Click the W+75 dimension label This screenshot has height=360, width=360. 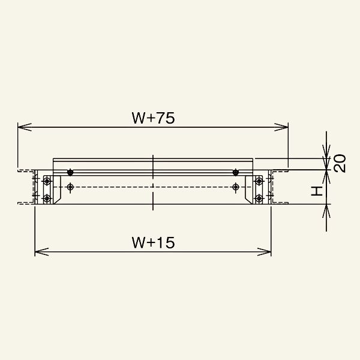[x=153, y=118]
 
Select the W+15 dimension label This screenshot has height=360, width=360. [x=153, y=242]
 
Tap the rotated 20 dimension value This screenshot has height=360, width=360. [x=340, y=163]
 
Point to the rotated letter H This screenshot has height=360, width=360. [x=317, y=191]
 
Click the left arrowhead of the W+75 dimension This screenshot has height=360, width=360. [x=25, y=127]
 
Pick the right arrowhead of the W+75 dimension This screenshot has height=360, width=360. [x=281, y=127]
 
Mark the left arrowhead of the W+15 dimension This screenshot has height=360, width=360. [x=41, y=251]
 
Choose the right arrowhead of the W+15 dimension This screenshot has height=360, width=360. [x=264, y=251]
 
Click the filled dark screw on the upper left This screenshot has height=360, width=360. [x=70, y=172]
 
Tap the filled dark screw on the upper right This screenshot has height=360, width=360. [x=236, y=172]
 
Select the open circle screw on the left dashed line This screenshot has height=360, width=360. [x=70, y=187]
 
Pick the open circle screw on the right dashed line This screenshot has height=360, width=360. [x=236, y=187]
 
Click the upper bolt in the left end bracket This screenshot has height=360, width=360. [x=47, y=181]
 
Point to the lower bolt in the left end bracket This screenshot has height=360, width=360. [x=47, y=198]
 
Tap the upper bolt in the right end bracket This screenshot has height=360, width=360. [x=259, y=181]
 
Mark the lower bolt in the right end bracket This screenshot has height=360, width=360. [x=259, y=198]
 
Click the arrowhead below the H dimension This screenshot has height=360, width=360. [x=326, y=211]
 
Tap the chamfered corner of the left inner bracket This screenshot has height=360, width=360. [x=57, y=200]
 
